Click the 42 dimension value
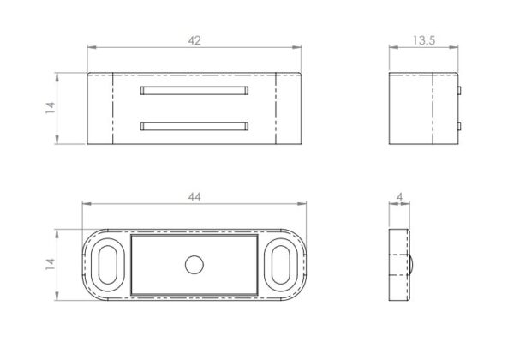[x=194, y=40]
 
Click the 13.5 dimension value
[x=424, y=40]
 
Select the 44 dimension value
[x=194, y=197]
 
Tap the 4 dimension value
[x=399, y=197]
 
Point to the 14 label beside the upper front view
[x=51, y=108]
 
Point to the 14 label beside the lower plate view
[x=51, y=264]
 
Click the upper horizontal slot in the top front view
[x=194, y=91]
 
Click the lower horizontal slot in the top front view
[x=194, y=126]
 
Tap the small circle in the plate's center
[x=194, y=265]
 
